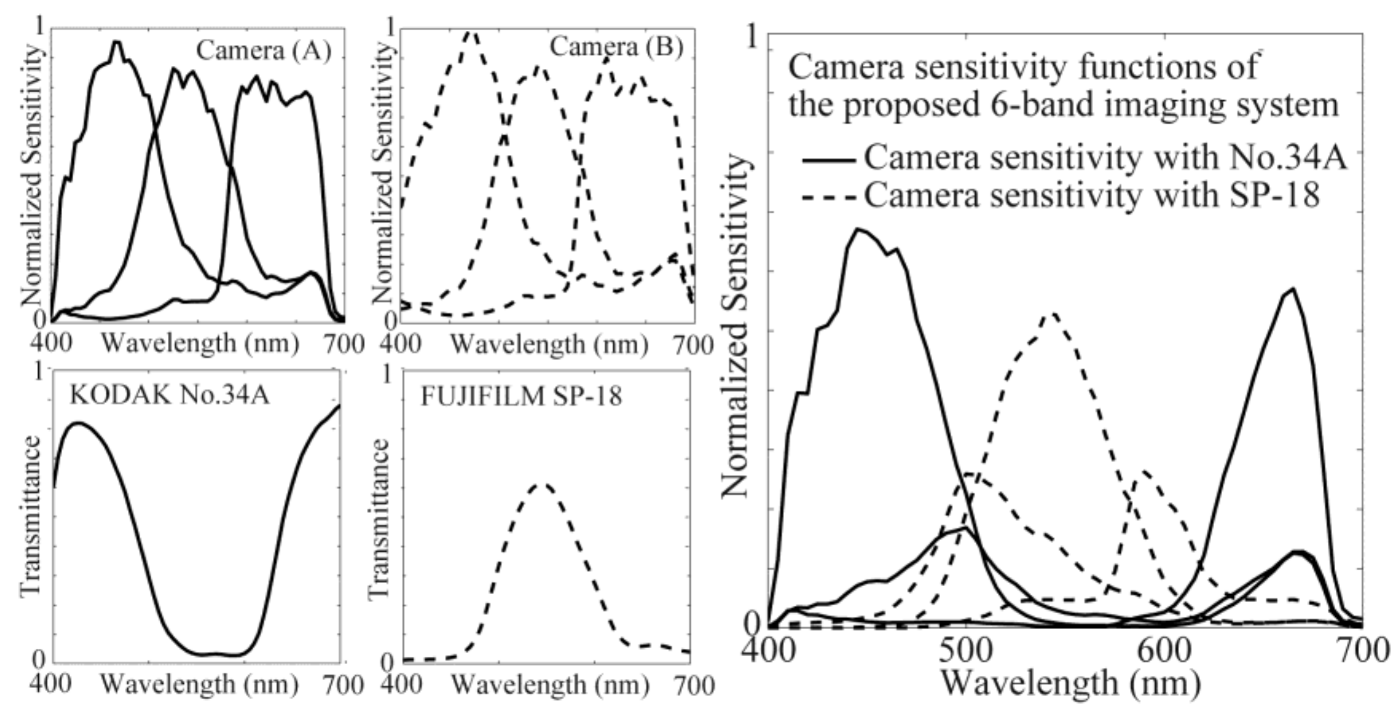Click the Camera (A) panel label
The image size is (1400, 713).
point(263,51)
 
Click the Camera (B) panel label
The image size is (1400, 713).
point(616,47)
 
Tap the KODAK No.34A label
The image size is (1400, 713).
point(169,395)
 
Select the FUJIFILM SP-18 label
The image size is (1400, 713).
point(521,396)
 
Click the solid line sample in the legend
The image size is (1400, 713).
point(829,160)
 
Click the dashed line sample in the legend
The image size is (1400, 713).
point(829,197)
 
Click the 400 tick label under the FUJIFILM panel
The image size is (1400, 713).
point(401,685)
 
